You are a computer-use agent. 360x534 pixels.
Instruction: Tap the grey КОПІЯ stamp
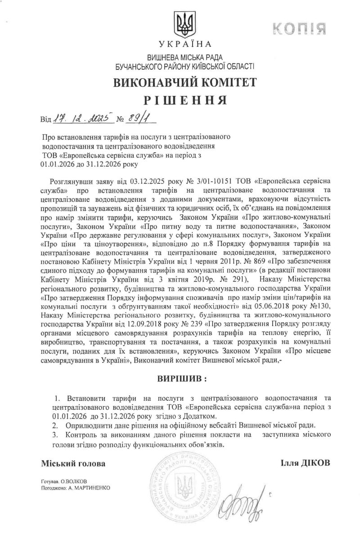(x=299, y=29)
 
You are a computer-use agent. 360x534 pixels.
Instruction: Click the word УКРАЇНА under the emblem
(x=184, y=44)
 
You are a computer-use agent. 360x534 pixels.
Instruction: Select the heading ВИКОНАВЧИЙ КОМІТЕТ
(x=184, y=82)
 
